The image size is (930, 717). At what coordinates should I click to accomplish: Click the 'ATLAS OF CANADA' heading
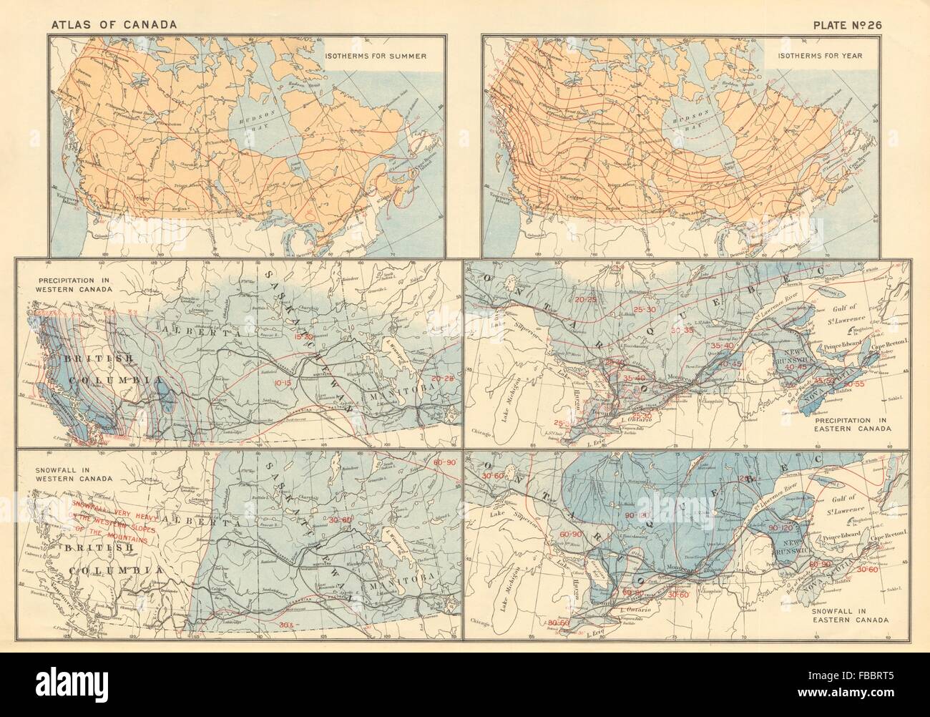click(112, 25)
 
